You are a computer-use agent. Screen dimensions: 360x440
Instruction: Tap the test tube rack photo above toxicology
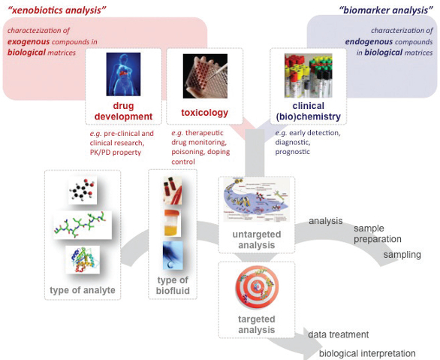(x=204, y=77)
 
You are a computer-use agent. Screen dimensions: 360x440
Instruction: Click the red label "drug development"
(x=123, y=111)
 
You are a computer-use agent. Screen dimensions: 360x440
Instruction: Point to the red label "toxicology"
(x=204, y=113)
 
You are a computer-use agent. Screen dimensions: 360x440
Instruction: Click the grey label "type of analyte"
(x=83, y=291)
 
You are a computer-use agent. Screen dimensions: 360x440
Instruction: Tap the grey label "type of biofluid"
(x=173, y=286)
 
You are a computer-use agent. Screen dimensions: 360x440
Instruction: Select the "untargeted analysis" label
(x=255, y=240)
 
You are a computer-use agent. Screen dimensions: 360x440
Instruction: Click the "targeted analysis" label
(x=256, y=325)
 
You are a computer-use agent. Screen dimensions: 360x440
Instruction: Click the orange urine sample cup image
(x=173, y=224)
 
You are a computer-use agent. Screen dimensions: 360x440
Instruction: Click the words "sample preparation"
(x=378, y=233)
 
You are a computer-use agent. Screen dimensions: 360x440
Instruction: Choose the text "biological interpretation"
(x=367, y=353)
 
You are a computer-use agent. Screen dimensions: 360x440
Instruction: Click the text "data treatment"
(x=338, y=334)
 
